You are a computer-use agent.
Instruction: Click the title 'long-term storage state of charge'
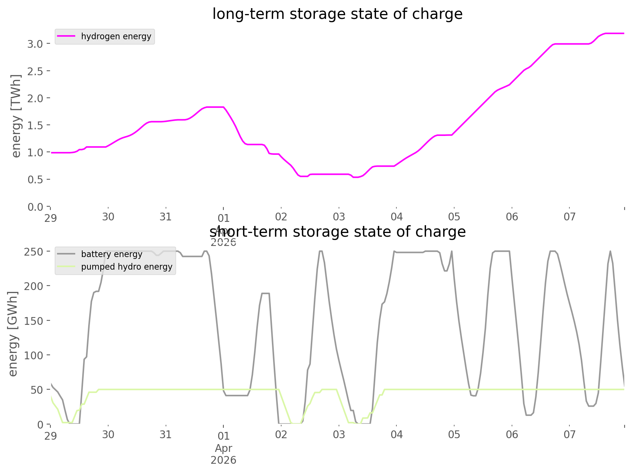(x=337, y=14)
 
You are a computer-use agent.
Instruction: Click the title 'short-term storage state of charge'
(x=337, y=232)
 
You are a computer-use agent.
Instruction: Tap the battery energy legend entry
(x=112, y=254)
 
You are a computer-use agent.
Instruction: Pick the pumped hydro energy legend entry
(x=126, y=267)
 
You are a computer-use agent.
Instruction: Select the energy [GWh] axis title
(x=13, y=333)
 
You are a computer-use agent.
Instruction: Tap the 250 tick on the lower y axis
(x=33, y=252)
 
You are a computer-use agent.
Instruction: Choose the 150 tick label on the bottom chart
(x=33, y=321)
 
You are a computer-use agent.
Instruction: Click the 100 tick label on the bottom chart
(x=33, y=355)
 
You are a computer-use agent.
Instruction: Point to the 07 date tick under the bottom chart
(x=569, y=434)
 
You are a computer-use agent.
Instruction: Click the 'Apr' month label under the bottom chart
(x=223, y=448)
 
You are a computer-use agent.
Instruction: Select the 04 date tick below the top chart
(x=396, y=217)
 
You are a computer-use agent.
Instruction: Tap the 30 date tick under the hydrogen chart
(x=108, y=217)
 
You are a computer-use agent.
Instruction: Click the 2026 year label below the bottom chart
(x=223, y=460)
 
